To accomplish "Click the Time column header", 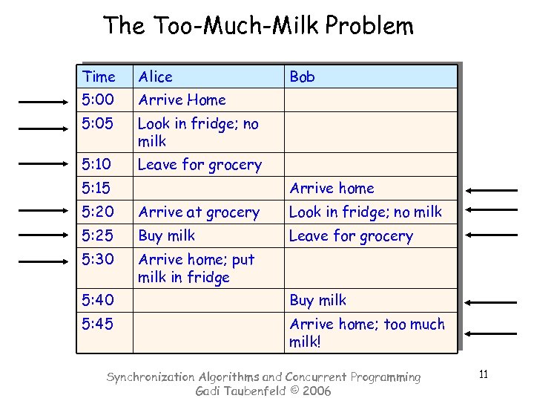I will [x=99, y=76].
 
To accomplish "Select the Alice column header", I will [x=155, y=76].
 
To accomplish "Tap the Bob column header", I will [x=302, y=76].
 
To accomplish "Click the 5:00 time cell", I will [x=98, y=100].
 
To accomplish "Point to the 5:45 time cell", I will [x=98, y=325].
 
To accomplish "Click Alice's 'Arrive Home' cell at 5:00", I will [x=182, y=100].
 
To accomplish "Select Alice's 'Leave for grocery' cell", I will [x=200, y=165].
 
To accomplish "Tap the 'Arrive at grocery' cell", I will [x=199, y=212].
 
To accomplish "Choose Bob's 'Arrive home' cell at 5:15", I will [x=332, y=189].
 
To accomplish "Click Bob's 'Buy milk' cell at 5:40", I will [x=317, y=301].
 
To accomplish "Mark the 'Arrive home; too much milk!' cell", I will [x=367, y=333].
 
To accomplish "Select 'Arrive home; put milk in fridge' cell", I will [x=196, y=268].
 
